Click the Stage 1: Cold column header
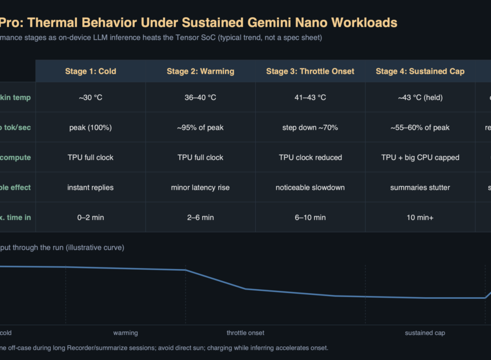[90, 71]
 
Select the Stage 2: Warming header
[200, 71]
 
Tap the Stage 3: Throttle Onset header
[310, 71]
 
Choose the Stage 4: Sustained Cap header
[420, 71]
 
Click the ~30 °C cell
[90, 98]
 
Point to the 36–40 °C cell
[200, 98]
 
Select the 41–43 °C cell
[310, 98]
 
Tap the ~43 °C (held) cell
[420, 98]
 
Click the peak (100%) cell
[90, 127]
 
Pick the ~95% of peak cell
[200, 127]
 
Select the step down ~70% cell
[310, 127]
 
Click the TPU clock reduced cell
[310, 157]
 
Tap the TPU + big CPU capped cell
[420, 157]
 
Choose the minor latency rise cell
[200, 187]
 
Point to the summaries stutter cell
[420, 187]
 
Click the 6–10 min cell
[310, 217]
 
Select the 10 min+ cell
[420, 217]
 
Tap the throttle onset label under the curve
[246, 333]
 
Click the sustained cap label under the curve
[425, 333]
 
